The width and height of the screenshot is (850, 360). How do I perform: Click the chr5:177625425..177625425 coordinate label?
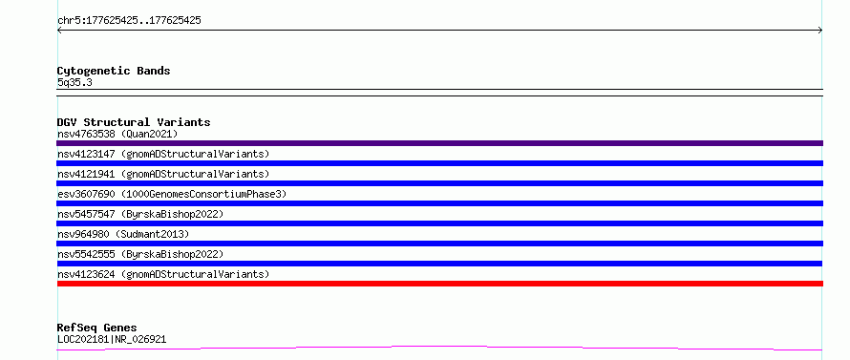[x=129, y=21]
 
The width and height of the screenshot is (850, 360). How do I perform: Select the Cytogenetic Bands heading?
[x=114, y=71]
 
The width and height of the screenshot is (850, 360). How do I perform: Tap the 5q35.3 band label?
[x=74, y=83]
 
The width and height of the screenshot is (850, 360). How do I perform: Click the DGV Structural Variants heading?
[x=134, y=122]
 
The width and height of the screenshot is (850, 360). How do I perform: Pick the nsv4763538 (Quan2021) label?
[x=117, y=134]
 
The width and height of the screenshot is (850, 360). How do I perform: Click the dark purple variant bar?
[x=439, y=143]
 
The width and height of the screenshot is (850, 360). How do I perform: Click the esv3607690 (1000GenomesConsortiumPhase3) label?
[x=172, y=194]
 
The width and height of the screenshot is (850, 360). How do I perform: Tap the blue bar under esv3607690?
[x=439, y=203]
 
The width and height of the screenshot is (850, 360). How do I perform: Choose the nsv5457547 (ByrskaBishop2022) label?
[x=140, y=214]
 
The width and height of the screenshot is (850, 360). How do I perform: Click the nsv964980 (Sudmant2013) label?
[x=123, y=234]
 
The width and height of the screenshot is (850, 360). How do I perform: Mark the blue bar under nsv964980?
[x=439, y=244]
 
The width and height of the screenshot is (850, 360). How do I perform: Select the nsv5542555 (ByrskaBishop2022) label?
[x=140, y=254]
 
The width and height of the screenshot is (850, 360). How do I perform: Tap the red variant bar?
[x=439, y=284]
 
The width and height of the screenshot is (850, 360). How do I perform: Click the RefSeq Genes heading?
[x=97, y=328]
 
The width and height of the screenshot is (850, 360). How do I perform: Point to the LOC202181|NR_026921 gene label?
[x=112, y=340]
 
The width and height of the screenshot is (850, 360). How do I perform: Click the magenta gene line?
[x=439, y=347]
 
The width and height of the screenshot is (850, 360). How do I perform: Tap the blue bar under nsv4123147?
[x=439, y=163]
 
